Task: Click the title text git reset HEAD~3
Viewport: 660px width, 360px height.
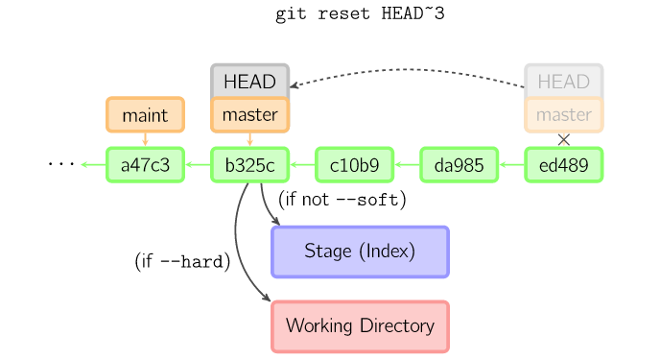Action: click(360, 14)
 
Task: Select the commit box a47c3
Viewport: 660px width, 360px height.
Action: click(145, 165)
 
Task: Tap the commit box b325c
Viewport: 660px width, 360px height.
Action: click(249, 165)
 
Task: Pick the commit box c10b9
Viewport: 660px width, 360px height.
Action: click(354, 165)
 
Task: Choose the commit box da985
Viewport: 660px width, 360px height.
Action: click(459, 165)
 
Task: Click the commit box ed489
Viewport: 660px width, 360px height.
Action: click(563, 165)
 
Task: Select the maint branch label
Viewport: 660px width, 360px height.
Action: click(145, 115)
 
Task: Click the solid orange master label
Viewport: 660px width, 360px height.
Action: click(249, 115)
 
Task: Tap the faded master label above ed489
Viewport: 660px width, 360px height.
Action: click(563, 115)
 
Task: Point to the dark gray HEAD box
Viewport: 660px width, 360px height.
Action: click(249, 82)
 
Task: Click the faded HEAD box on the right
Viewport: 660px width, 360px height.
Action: click(563, 82)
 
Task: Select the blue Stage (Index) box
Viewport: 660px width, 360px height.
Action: click(360, 252)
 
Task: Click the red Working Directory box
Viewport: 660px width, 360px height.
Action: click(360, 326)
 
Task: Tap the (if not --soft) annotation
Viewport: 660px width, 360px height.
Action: click(342, 200)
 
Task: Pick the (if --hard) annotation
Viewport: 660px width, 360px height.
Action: click(182, 261)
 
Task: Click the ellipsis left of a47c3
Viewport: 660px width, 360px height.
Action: click(61, 165)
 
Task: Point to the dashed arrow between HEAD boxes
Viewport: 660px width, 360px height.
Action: click(408, 70)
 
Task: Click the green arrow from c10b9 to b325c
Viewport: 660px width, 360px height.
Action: click(302, 165)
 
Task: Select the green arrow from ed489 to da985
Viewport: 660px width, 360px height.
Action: click(511, 165)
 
